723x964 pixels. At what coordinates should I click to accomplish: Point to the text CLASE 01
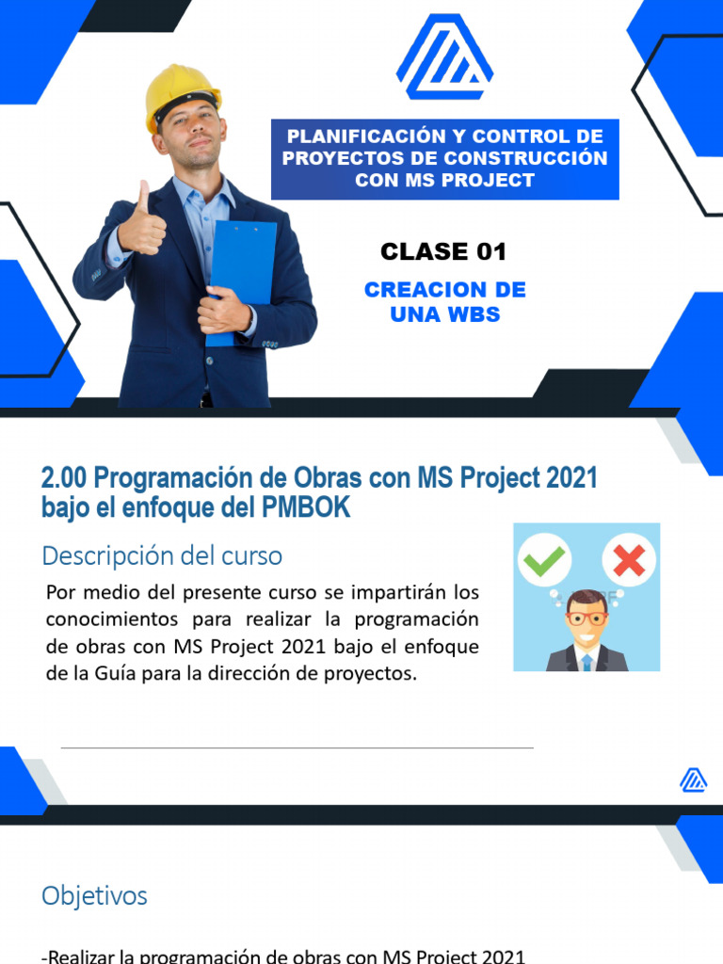pyautogui.click(x=443, y=251)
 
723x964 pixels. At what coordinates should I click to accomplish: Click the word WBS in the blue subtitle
pyautogui.click(x=474, y=314)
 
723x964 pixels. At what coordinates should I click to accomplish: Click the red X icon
pyautogui.click(x=628, y=562)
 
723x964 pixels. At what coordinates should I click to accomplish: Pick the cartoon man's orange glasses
pyautogui.click(x=586, y=619)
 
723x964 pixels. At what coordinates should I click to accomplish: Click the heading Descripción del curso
pyautogui.click(x=162, y=555)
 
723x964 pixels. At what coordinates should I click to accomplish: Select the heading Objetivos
pyautogui.click(x=94, y=895)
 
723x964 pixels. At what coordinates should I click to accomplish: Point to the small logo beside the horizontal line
pyautogui.click(x=694, y=779)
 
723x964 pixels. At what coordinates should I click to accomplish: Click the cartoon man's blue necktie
pyautogui.click(x=586, y=662)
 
